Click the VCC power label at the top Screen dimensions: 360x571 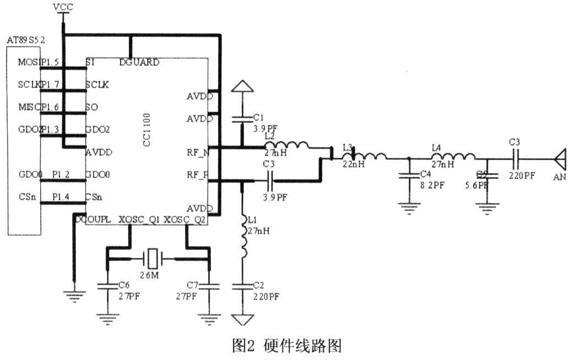point(64,7)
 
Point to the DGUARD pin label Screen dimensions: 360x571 point(139,62)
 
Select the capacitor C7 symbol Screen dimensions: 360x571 point(208,286)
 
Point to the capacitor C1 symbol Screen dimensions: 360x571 point(241,118)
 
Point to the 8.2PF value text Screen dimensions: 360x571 point(432,186)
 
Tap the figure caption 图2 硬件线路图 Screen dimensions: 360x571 point(287,346)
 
